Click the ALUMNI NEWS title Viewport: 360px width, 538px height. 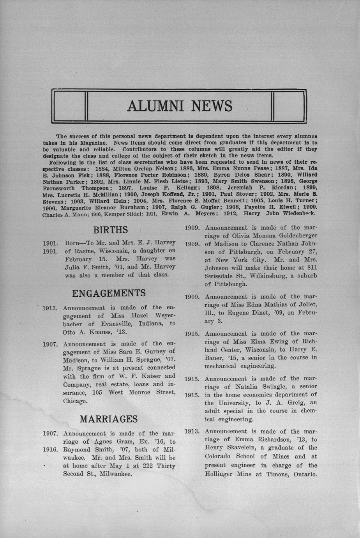180,106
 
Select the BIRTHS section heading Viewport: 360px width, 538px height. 111,229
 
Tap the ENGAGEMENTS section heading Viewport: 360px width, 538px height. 109,293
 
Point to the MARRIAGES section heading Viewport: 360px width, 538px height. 108,419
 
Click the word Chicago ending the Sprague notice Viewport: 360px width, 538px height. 76,401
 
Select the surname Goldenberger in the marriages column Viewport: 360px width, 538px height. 293,235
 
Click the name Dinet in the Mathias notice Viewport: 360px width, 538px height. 254,313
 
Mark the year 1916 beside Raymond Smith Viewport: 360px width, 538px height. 50,450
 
